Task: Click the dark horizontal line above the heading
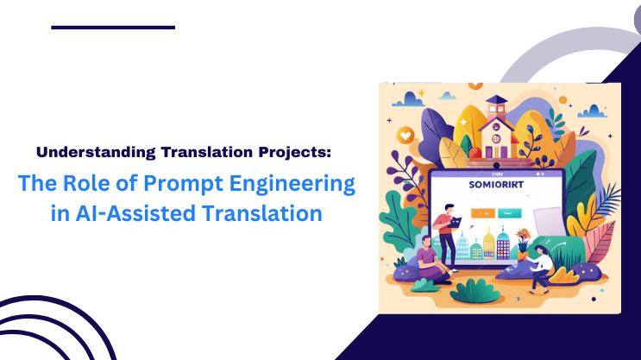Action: coord(113,28)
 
